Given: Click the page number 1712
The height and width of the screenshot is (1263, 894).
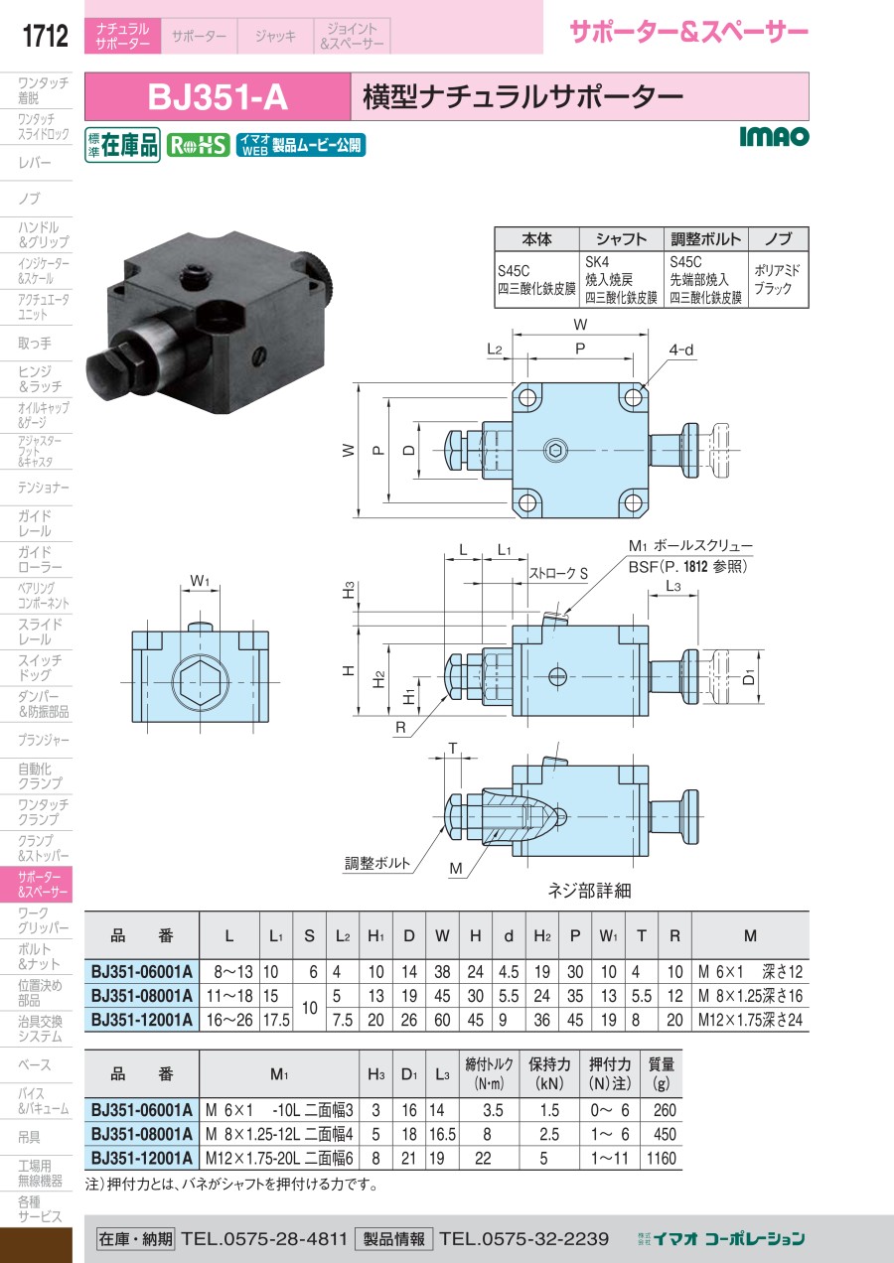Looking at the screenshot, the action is [45, 36].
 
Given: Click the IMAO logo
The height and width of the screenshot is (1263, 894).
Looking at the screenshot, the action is [774, 136].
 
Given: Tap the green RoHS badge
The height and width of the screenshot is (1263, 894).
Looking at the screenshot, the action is [199, 146].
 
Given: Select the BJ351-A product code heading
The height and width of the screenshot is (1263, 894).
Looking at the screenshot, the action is [218, 97].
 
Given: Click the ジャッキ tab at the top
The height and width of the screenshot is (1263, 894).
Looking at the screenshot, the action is [275, 36].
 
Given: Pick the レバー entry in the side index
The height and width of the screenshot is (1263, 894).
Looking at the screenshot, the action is [35, 163].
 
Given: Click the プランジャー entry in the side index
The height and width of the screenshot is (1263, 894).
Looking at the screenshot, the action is [44, 740].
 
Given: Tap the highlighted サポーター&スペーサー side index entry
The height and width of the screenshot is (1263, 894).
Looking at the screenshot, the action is [42, 884].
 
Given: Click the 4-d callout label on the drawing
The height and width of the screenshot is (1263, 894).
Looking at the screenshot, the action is [680, 351].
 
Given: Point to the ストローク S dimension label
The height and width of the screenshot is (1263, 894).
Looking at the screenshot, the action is [558, 574].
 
